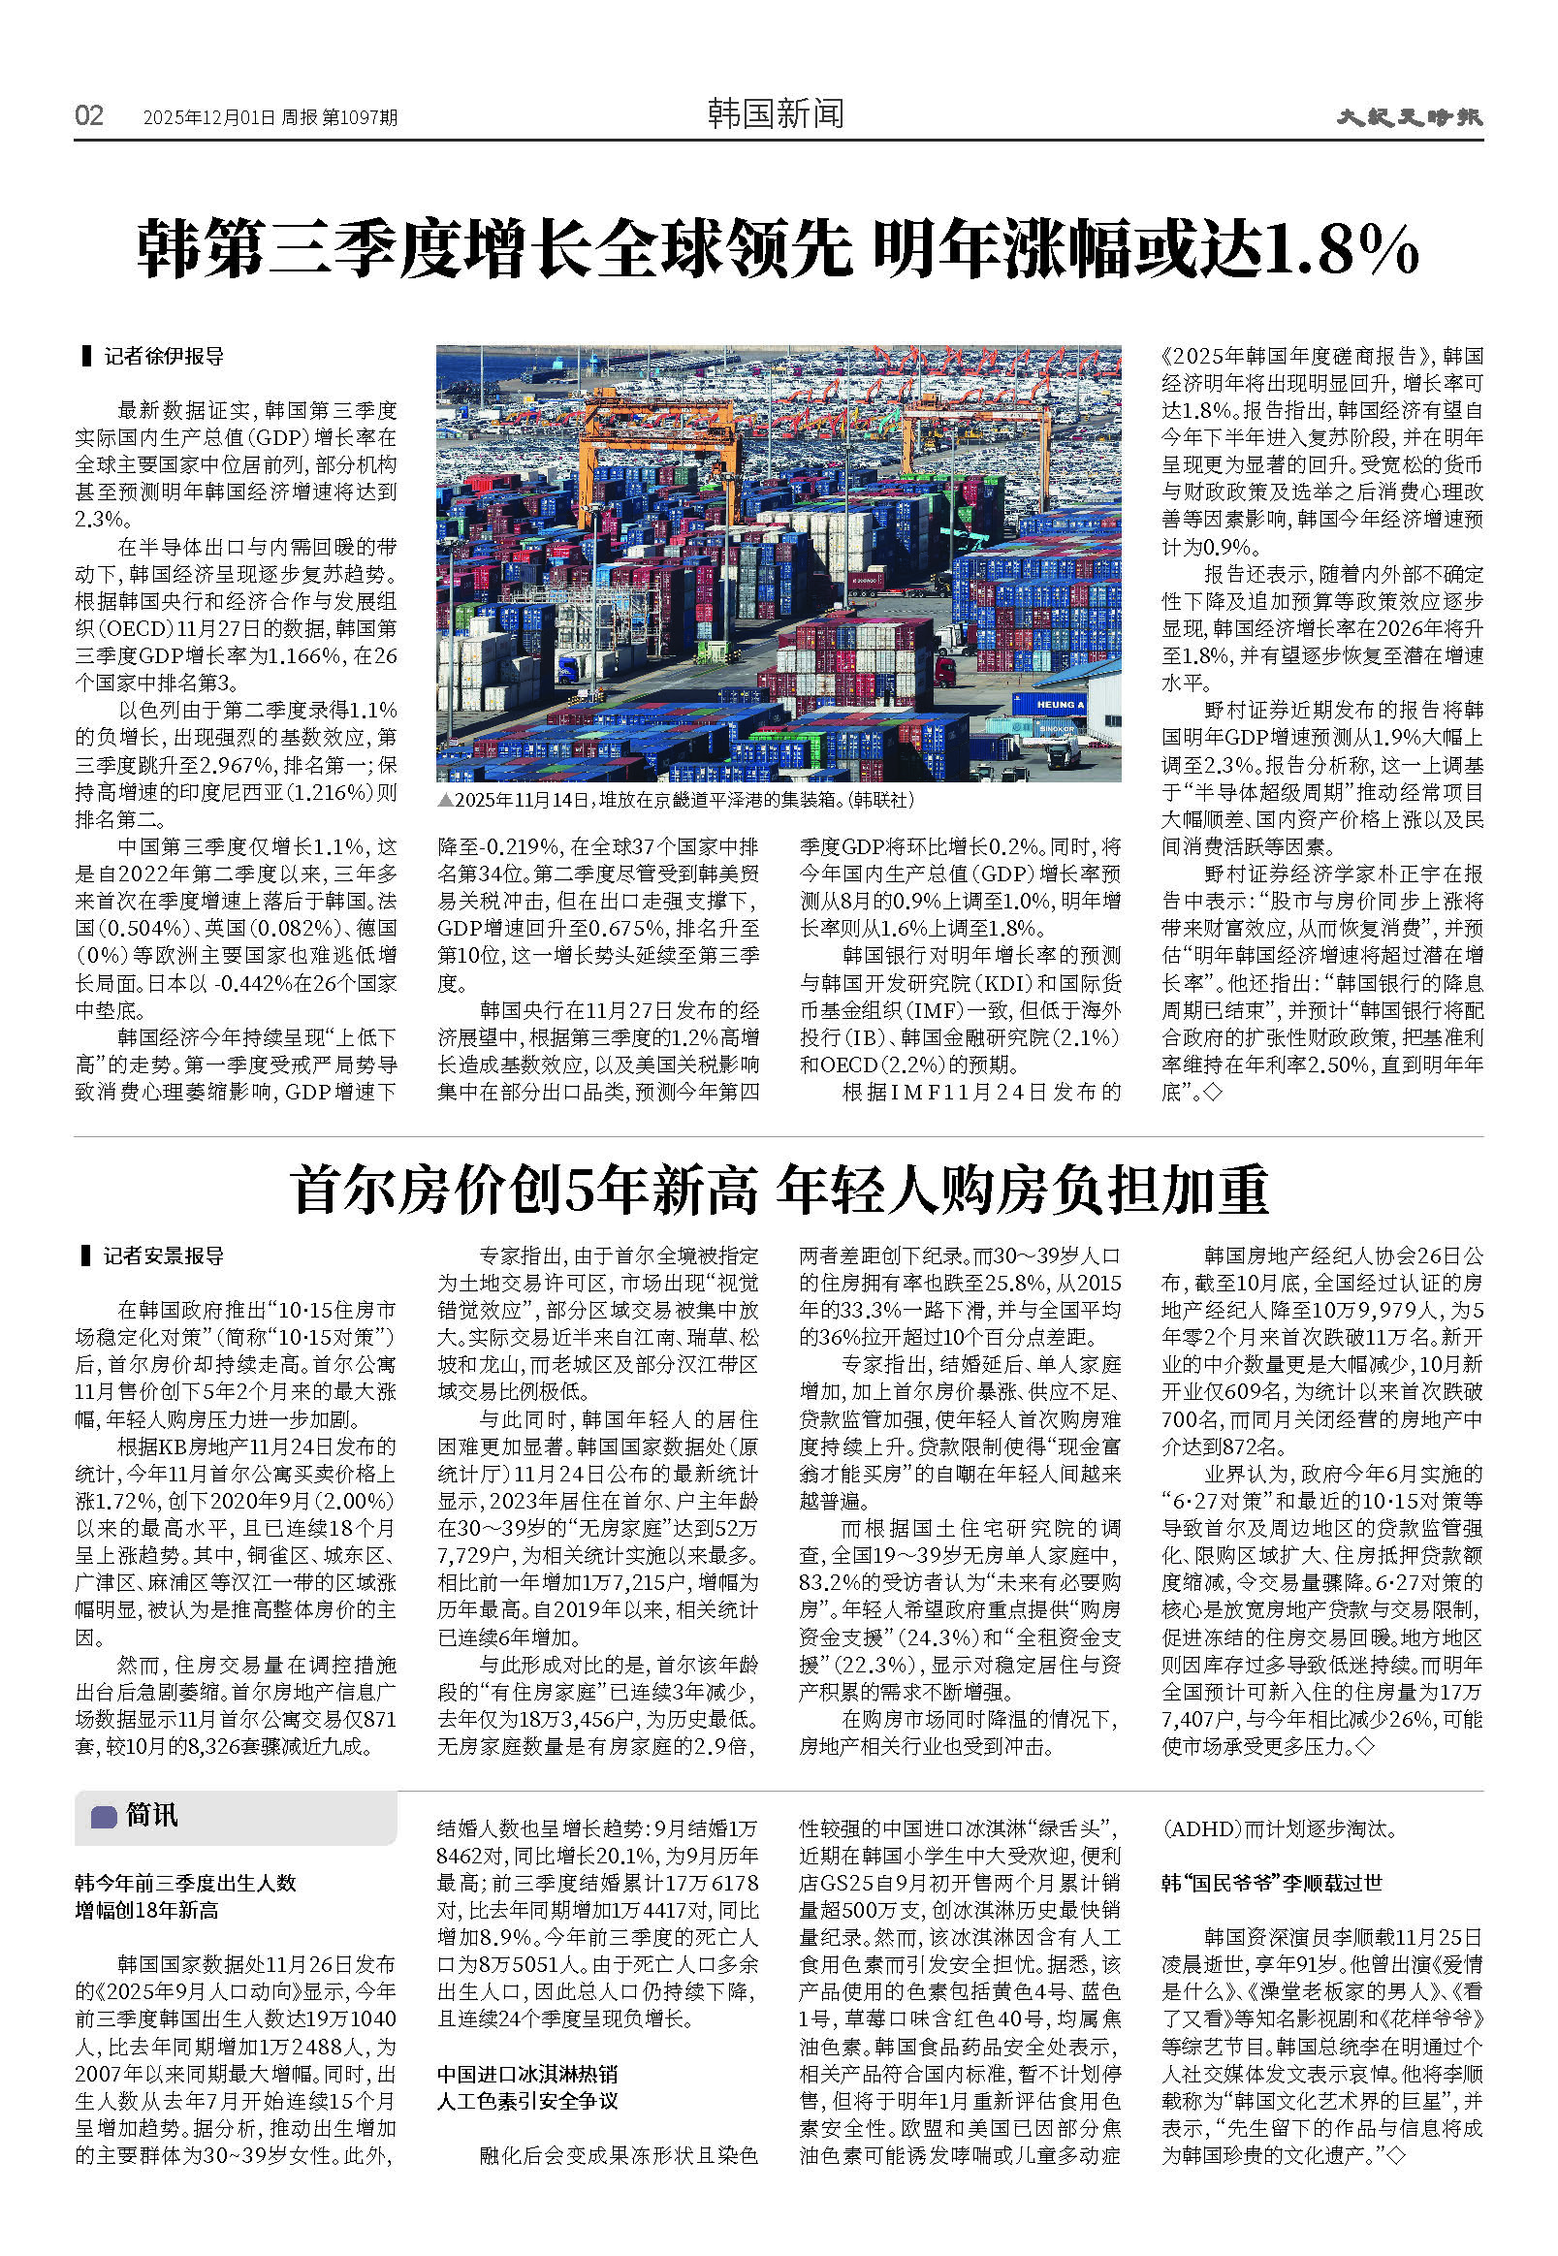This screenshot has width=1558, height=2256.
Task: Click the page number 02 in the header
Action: tap(89, 116)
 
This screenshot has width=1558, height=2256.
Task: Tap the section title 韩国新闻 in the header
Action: tap(775, 115)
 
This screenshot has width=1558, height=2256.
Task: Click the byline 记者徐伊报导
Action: tap(164, 357)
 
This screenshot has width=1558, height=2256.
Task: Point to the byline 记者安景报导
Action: tap(164, 1255)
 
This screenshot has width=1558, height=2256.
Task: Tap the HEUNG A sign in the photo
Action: tap(1059, 704)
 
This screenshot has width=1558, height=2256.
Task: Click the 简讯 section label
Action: tap(151, 1816)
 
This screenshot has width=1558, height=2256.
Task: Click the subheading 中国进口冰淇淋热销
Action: tap(527, 2074)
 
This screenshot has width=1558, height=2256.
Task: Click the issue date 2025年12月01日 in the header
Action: tap(208, 118)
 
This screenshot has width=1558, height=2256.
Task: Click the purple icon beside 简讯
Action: tap(104, 1817)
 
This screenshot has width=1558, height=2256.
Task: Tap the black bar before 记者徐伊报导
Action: tap(86, 356)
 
